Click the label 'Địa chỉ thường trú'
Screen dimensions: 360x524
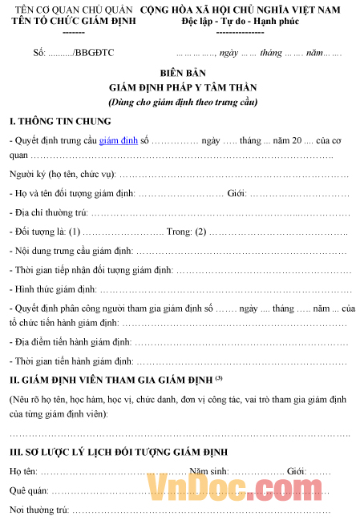(48, 212)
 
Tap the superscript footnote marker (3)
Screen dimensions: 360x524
(218, 377)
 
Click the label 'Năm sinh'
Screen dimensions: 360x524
(207, 471)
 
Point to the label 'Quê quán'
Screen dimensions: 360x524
(29, 490)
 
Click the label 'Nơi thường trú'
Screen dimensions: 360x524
(38, 509)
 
